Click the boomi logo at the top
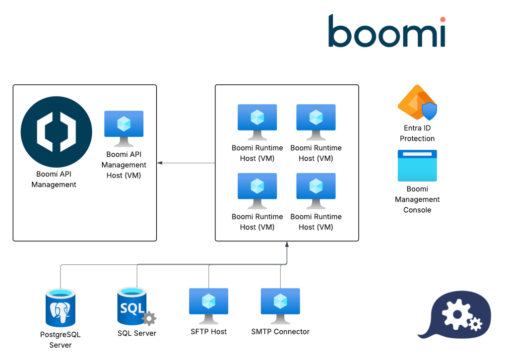pyautogui.click(x=386, y=31)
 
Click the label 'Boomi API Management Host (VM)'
pyautogui.click(x=124, y=165)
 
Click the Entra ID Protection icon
pyautogui.click(x=417, y=103)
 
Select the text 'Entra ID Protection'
pyautogui.click(x=417, y=133)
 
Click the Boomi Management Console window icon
pyautogui.click(x=417, y=166)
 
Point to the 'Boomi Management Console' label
pyautogui.click(x=417, y=199)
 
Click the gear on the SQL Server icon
pyautogui.click(x=149, y=318)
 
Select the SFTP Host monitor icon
pyautogui.click(x=208, y=305)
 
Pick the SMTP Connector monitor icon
pyautogui.click(x=280, y=305)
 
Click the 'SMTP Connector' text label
pyautogui.click(x=280, y=332)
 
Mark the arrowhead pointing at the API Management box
pyautogui.click(x=160, y=163)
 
